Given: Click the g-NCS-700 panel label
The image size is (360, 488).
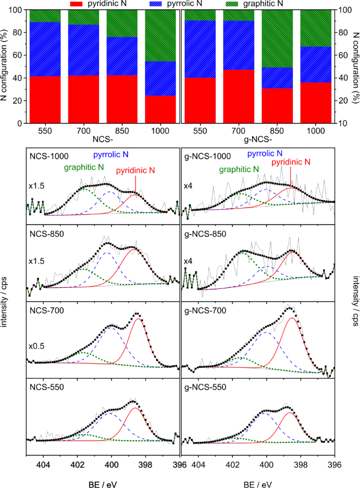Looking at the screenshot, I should tap(206, 311).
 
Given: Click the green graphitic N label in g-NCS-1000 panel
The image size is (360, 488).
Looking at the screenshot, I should tap(239, 169).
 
